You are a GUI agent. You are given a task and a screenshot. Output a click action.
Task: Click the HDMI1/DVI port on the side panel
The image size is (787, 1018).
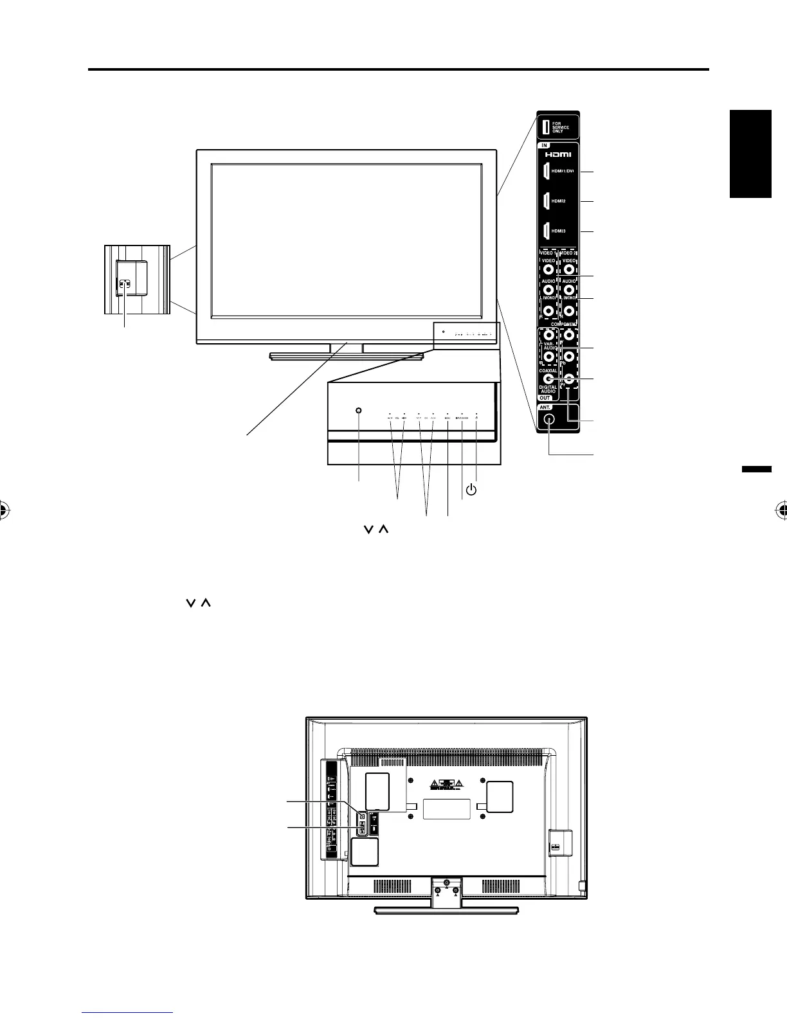tap(544, 172)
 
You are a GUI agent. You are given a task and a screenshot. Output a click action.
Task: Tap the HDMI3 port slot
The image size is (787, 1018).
tap(544, 230)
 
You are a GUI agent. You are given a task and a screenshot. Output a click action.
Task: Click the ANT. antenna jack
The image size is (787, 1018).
tap(548, 419)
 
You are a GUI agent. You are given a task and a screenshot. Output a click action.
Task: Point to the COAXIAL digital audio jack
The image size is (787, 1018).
tap(548, 380)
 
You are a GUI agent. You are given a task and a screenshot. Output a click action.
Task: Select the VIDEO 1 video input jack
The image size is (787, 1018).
tap(548, 272)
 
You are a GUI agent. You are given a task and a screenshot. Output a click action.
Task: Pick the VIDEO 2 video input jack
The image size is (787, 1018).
tap(568, 272)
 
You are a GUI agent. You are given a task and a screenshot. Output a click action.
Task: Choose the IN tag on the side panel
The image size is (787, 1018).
tap(544, 145)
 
